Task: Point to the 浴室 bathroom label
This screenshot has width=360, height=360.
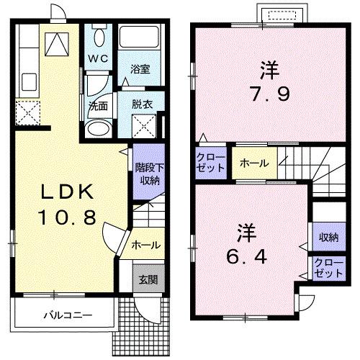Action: (x=140, y=69)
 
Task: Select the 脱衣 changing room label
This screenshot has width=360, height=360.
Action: (x=141, y=104)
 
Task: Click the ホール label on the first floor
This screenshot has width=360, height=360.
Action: (x=146, y=246)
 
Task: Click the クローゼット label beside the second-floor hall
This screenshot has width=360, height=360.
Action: (x=211, y=162)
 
